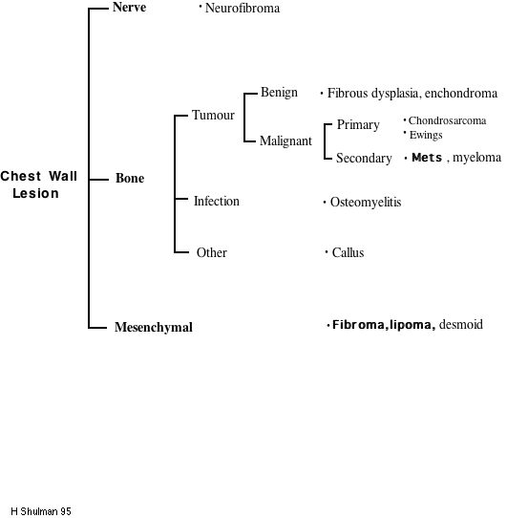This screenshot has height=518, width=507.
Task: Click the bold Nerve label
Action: click(x=129, y=8)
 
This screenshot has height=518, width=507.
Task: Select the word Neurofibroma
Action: click(x=243, y=9)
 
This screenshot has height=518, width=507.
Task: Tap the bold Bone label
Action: click(x=130, y=179)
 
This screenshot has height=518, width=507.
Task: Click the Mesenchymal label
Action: click(x=153, y=327)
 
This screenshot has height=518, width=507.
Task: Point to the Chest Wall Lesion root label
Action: click(x=38, y=184)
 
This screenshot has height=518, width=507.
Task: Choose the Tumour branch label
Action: click(x=213, y=115)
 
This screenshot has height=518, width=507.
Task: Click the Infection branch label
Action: click(x=216, y=202)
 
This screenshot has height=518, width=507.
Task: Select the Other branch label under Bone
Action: click(x=211, y=253)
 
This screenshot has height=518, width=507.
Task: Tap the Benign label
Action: click(x=279, y=93)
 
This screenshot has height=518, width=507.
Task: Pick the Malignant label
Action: click(x=285, y=140)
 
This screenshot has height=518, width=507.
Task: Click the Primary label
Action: click(x=358, y=125)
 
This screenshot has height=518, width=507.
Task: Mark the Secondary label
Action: click(x=364, y=159)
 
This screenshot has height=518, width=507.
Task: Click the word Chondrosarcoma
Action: click(x=447, y=121)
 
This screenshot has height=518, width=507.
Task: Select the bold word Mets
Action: click(x=427, y=158)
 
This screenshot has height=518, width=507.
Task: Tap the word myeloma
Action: click(x=476, y=158)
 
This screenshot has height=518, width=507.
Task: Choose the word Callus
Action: click(x=348, y=253)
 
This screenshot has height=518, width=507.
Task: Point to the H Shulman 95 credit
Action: click(x=41, y=511)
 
